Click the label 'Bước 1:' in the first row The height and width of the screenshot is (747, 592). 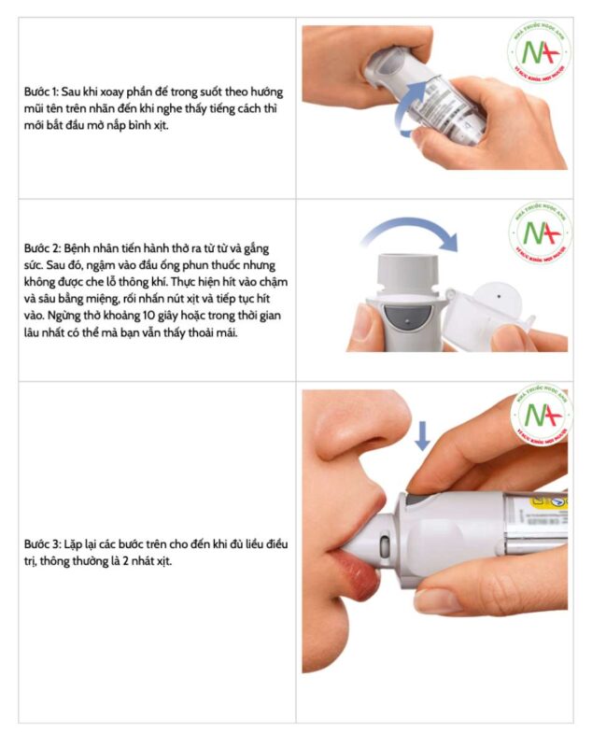[41, 92]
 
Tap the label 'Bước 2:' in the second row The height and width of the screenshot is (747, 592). [42, 248]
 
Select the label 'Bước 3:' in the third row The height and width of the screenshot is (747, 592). [42, 544]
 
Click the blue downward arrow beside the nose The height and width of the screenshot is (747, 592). [422, 435]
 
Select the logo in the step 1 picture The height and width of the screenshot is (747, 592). [539, 52]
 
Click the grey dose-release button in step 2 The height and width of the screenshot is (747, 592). [406, 317]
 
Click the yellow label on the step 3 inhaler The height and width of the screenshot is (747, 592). [549, 501]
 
